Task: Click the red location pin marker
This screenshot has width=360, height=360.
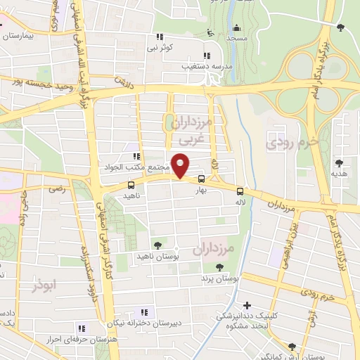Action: pos(181,167)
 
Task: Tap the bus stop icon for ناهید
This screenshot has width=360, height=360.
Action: pos(131,185)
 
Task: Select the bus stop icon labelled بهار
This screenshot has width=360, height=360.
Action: pos(202,179)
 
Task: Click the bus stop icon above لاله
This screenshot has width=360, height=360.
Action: pos(240,191)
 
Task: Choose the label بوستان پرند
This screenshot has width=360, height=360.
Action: pos(220,278)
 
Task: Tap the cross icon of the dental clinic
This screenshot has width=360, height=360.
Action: pos(246,305)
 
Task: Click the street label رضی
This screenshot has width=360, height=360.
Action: pos(57,188)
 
